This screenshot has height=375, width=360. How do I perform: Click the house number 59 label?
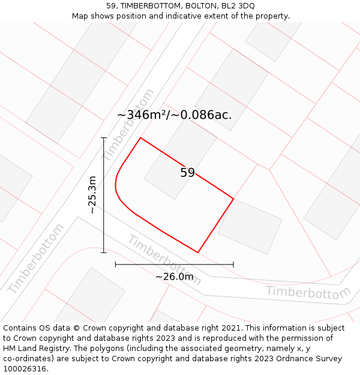[x=187, y=173]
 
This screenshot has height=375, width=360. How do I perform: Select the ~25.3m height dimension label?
[x=92, y=194]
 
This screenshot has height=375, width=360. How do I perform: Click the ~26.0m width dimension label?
[x=175, y=277]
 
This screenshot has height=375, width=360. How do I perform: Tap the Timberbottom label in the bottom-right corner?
[x=308, y=292]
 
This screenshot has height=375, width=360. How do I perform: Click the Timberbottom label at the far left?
[x=35, y=259]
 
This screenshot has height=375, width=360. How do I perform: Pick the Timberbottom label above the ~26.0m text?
[x=164, y=260]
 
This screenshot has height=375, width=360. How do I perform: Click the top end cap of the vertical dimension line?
[x=104, y=138]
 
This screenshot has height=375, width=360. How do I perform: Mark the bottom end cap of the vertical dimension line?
[x=104, y=253]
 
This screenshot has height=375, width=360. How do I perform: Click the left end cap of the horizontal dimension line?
[x=115, y=264]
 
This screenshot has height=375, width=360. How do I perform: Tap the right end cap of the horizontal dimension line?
[x=233, y=264]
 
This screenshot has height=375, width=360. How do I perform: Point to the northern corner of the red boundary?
[x=140, y=138]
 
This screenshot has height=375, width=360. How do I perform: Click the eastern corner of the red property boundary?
[x=233, y=199]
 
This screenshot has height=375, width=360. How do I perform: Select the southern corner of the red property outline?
[x=198, y=253]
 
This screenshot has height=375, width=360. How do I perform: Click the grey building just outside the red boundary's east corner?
[x=250, y=226]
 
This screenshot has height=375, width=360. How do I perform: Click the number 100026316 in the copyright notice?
[x=26, y=368]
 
